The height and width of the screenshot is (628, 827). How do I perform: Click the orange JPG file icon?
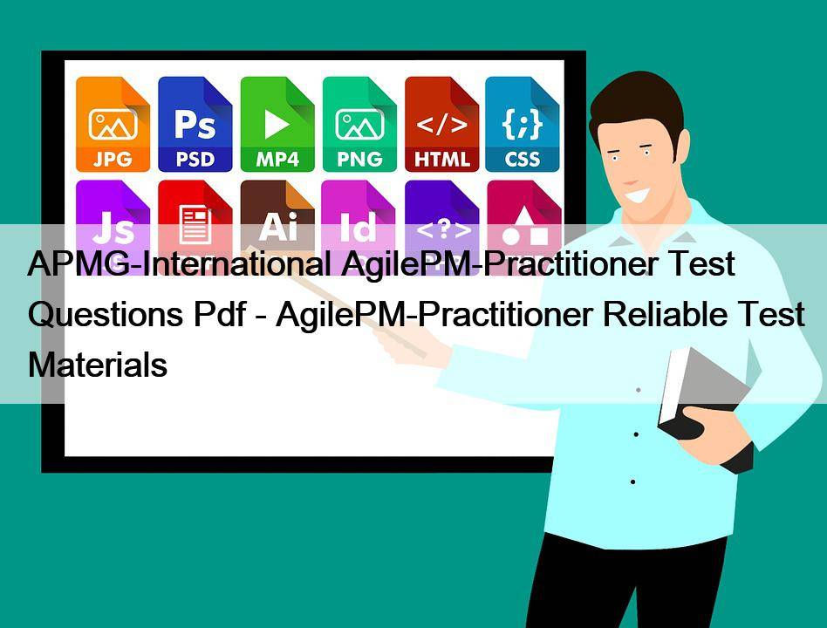113,125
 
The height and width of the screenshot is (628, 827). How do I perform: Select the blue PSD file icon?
195,125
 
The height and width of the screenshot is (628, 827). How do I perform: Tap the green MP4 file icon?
277,125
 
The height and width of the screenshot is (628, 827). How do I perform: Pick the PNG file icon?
359,125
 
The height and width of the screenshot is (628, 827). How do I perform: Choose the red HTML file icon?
442,125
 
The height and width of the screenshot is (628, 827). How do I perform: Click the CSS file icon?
523,125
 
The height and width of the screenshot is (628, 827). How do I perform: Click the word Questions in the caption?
106,315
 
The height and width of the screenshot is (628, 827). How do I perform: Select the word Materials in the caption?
98,365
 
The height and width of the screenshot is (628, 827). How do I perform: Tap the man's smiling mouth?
637,195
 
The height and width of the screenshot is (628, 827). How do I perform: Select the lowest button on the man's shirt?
633,481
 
